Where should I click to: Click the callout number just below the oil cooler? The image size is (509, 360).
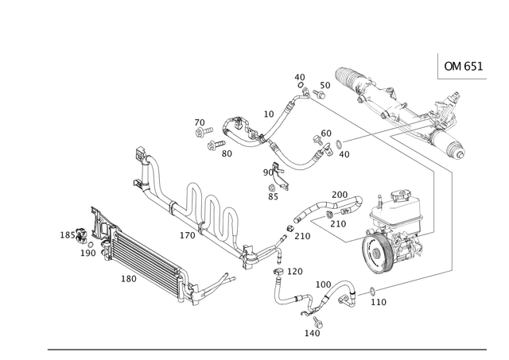(x=127, y=279)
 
